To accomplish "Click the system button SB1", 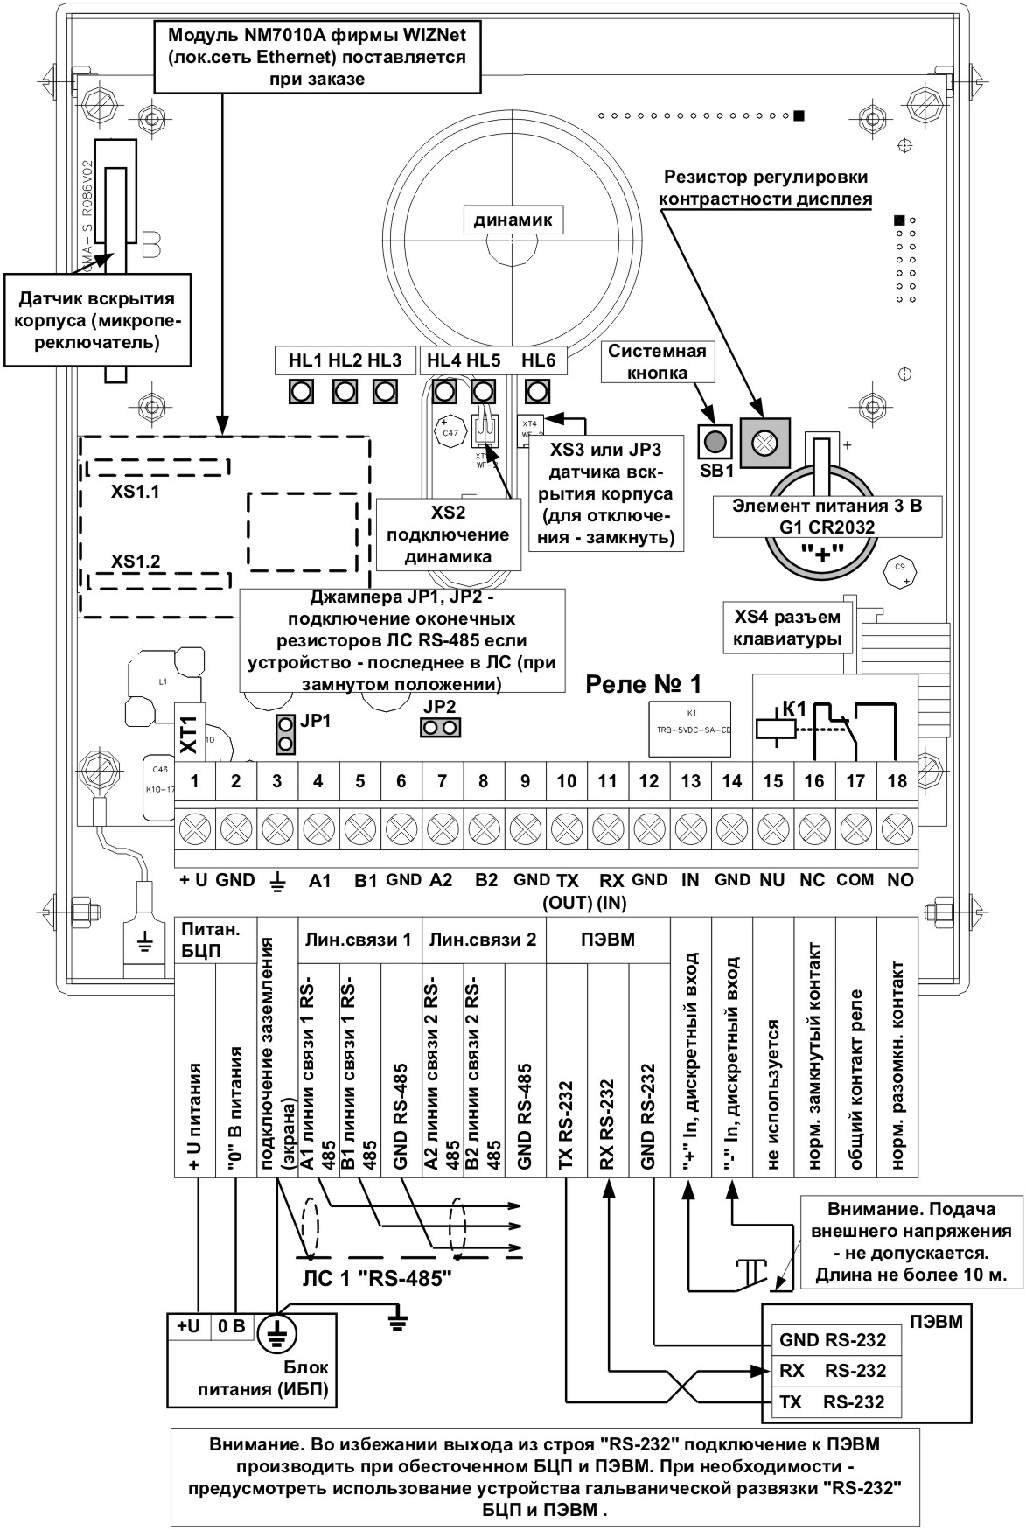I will [x=714, y=441].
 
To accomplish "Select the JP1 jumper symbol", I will [x=284, y=733].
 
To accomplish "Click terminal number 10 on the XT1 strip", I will [x=566, y=781].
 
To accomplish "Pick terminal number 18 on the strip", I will [x=897, y=781].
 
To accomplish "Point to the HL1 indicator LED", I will [x=302, y=390].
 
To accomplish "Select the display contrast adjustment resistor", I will [x=764, y=443].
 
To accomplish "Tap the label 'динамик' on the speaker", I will [x=513, y=220].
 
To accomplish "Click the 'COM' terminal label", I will [x=855, y=880].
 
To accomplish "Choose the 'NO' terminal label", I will [x=899, y=880].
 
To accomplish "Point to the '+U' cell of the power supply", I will [x=188, y=1326].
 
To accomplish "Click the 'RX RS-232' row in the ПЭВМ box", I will [x=832, y=1371].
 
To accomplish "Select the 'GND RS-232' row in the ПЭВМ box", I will [x=832, y=1339].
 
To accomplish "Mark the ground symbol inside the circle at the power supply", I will [x=276, y=1331].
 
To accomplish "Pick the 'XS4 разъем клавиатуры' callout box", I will [x=787, y=628].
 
